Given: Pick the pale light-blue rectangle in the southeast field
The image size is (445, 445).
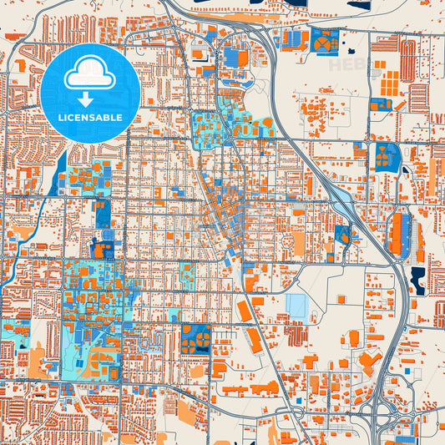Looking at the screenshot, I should coord(296,305).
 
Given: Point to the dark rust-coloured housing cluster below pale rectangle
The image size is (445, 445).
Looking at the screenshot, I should coord(296,334).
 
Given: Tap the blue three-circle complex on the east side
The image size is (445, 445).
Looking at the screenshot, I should coord(386,155).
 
